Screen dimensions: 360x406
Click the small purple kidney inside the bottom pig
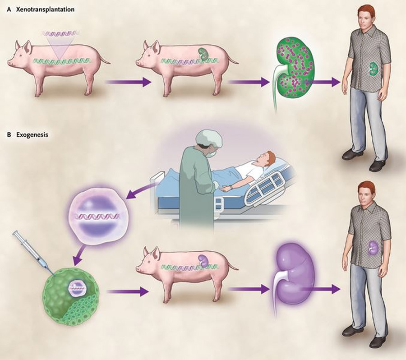tap(203, 260)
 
